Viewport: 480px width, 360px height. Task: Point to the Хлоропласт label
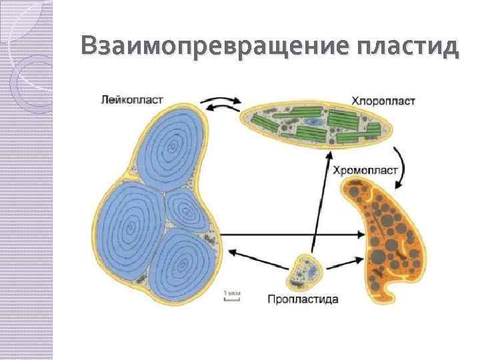[383, 101]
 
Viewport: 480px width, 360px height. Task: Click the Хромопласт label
[365, 170]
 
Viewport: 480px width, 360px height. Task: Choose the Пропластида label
[303, 299]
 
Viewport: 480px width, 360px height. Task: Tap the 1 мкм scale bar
[231, 295]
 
